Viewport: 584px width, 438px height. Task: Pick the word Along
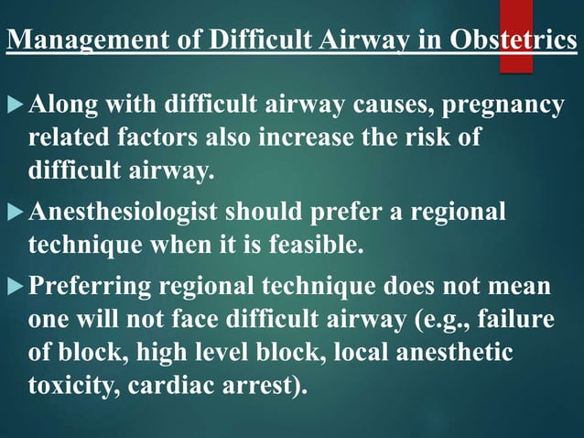click(59, 106)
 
